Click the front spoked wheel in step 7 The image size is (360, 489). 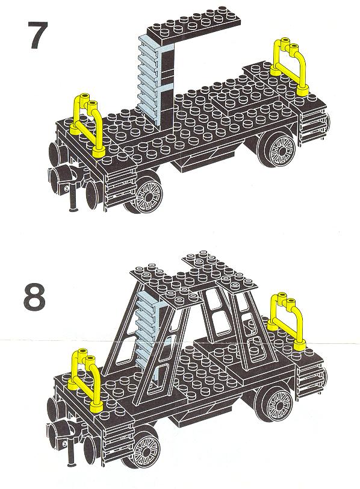[146, 194]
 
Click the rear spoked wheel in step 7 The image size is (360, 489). [278, 149]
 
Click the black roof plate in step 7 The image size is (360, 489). [194, 23]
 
